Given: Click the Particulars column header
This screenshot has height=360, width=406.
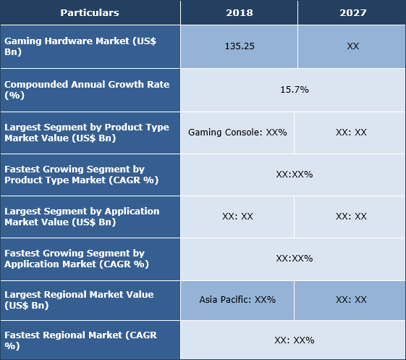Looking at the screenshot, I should coord(90,12).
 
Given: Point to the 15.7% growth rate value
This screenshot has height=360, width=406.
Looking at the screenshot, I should coord(294,90).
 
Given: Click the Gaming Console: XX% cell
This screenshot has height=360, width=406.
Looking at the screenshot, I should coord(237,133).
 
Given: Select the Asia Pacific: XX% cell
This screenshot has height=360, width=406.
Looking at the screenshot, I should coord(237,299).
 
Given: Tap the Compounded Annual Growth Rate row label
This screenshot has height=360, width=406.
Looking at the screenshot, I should coord(87,90).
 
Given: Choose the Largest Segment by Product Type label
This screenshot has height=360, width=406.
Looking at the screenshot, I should coord(87,133).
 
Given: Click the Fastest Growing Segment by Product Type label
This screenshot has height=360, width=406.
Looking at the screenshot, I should coord(80,175).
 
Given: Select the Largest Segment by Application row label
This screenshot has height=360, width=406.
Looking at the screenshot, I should coord(82,217).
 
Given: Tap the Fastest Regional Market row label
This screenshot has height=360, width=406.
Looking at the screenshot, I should coord(80,340).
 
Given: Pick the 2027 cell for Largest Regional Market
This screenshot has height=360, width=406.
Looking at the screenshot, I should coord(351,299).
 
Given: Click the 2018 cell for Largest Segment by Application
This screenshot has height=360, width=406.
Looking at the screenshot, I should coord(237,217).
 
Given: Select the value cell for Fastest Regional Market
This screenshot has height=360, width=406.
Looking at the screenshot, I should coord(294,340).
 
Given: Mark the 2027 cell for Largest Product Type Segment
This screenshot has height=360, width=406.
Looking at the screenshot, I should coord(351,133).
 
